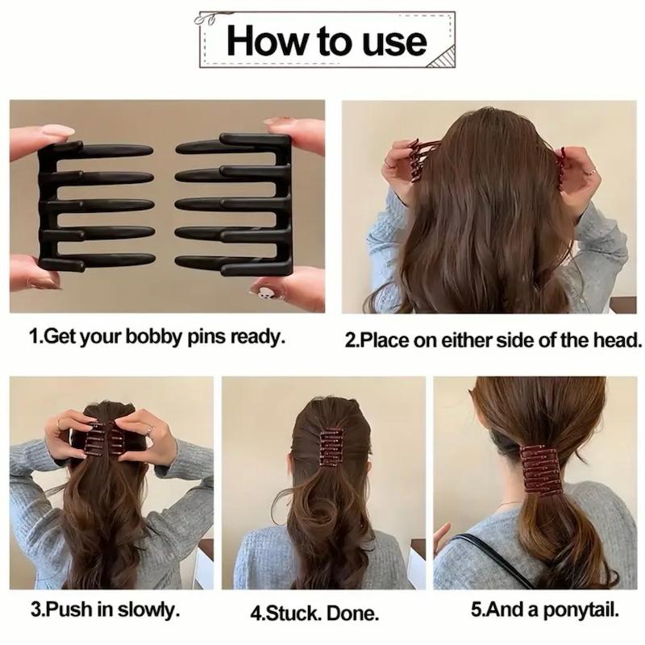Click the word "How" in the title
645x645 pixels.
pos(267,41)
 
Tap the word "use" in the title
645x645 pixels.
pos(394,43)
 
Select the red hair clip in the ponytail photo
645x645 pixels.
pos(539,470)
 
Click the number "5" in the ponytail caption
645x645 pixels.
pos(476,610)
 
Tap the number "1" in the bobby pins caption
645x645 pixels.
pos(33,336)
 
